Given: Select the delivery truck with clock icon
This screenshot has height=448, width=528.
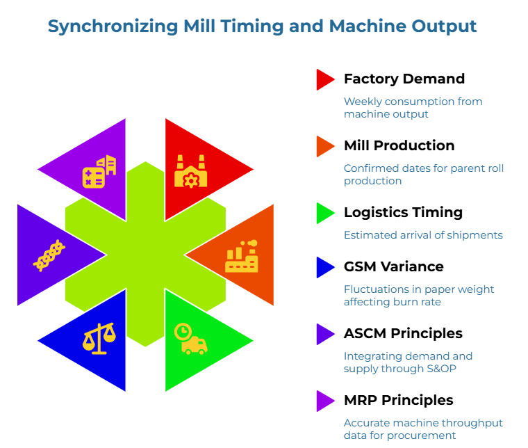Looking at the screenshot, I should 192,339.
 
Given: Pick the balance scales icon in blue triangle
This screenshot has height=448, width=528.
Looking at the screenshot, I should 99,339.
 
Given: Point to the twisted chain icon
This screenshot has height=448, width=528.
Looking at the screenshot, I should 49,256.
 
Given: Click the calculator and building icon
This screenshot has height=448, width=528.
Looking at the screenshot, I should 99,172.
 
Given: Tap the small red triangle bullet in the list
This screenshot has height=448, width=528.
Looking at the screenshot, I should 324,79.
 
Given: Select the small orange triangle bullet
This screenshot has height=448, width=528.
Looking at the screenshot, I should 324,146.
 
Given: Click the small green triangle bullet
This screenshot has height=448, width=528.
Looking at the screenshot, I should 324,213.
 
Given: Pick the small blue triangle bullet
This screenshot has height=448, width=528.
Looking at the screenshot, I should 324,267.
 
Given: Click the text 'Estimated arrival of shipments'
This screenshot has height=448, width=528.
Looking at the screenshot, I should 423,235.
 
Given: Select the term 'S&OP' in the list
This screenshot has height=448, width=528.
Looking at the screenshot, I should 437,369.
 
